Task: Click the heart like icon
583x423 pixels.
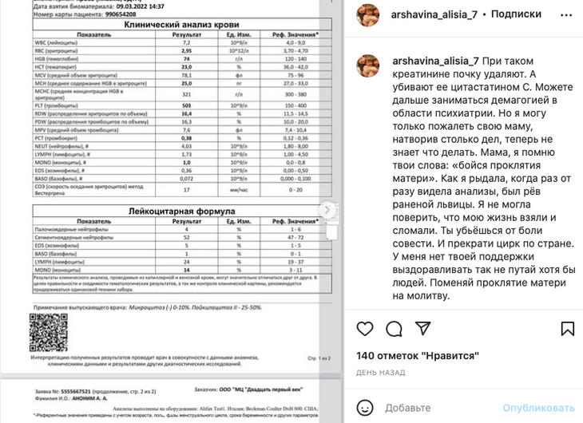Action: click(x=365, y=329)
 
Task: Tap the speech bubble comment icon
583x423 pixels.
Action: click(x=394, y=329)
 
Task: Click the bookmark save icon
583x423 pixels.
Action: click(x=568, y=329)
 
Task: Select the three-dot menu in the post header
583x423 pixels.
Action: click(x=566, y=14)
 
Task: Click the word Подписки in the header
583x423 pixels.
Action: click(x=516, y=14)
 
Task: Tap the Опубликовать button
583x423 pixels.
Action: click(x=538, y=407)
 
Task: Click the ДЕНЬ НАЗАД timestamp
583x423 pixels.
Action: click(x=381, y=373)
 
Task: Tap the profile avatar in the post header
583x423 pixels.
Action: click(x=367, y=14)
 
